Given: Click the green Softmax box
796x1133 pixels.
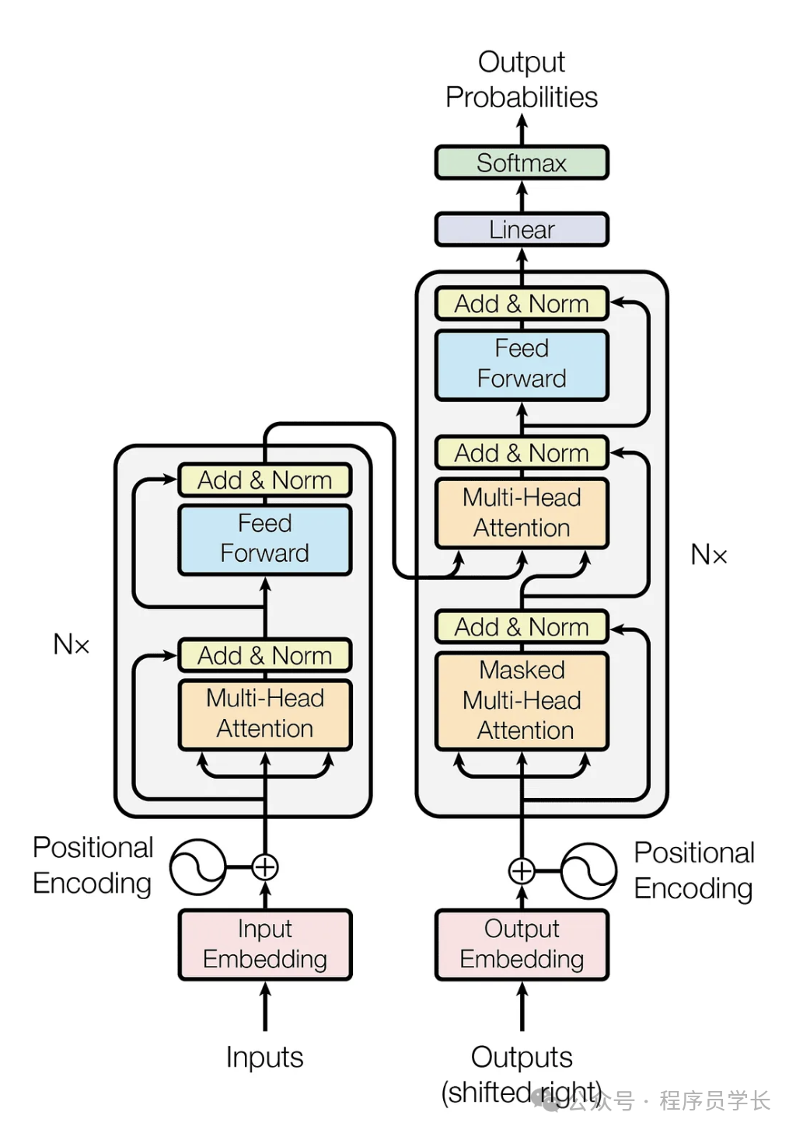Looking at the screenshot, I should tap(521, 162).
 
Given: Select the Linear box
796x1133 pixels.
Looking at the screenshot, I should tap(521, 229).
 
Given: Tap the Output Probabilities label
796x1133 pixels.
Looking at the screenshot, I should tap(521, 79).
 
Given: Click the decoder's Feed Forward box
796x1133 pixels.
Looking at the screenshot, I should tap(521, 364).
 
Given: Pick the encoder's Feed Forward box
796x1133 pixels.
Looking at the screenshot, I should tap(264, 539).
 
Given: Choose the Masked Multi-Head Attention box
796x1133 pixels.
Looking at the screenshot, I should tap(521, 700).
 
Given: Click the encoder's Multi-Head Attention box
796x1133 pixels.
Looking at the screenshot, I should tap(264, 713).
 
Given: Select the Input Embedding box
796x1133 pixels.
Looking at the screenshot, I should tap(264, 944).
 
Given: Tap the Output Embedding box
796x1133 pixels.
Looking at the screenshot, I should tap(521, 944).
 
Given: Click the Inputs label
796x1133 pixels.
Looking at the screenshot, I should tap(264, 1057).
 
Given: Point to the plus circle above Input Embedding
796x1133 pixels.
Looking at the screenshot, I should tap(265, 866).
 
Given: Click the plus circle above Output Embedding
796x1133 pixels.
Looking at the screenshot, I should tap(522, 871).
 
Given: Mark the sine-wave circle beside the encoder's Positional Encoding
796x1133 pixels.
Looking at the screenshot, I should tap(197, 866).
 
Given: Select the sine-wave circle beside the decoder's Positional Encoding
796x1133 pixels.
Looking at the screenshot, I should tap(588, 871).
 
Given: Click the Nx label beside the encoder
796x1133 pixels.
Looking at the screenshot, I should tap(71, 644).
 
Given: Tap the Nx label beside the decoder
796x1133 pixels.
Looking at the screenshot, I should tap(709, 555).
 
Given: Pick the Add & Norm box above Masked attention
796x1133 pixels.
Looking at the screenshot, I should tap(521, 627).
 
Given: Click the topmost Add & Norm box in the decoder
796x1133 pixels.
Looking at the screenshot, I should tap(521, 304).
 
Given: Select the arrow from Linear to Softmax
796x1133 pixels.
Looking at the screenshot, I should tap(522, 196).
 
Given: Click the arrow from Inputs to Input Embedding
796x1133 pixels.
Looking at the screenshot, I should tap(265, 1006).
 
